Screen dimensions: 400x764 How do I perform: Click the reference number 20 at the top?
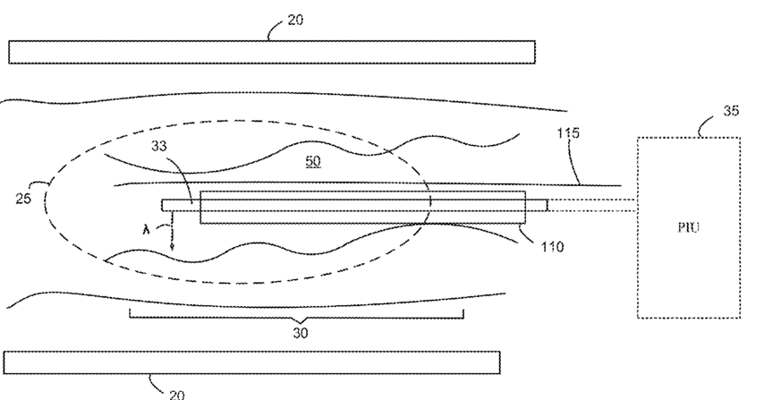pos(295,19)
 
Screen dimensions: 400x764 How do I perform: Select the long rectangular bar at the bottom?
pos(251,362)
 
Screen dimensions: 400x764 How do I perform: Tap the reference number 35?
pos(731,113)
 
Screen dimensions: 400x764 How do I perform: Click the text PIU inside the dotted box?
pos(689,227)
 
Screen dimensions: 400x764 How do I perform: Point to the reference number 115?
pos(568,133)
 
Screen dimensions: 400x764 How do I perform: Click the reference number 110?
pos(551,245)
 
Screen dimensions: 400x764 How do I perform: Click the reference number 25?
pos(23,198)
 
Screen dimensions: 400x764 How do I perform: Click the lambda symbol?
pos(158,230)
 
